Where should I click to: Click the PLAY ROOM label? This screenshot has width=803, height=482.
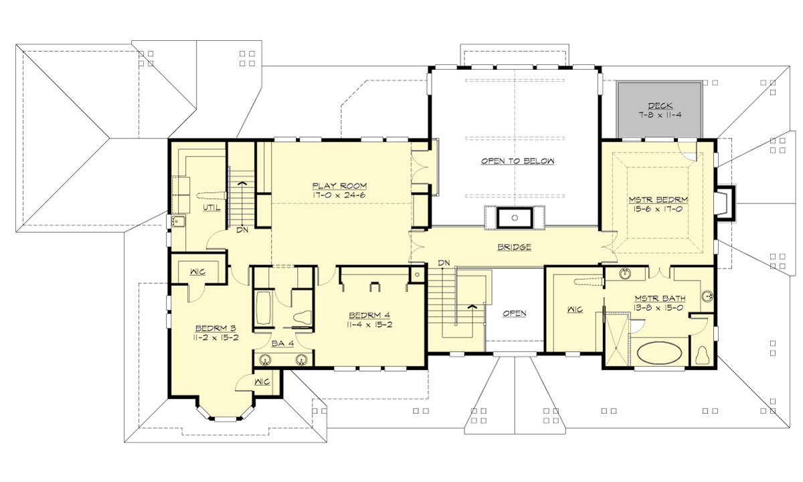coord(339,185)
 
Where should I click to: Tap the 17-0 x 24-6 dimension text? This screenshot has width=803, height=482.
coord(339,195)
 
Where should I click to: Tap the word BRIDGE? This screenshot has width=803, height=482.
coord(515,247)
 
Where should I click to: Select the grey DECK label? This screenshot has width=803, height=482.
coord(658,105)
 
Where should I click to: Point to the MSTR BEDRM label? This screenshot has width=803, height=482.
coord(658,199)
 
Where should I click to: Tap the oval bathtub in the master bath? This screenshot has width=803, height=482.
coord(660,353)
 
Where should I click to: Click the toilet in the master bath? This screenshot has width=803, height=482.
coord(703,354)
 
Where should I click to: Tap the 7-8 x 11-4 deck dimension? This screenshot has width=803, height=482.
coord(658,114)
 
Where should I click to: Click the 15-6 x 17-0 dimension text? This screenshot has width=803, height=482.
coord(658,208)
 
